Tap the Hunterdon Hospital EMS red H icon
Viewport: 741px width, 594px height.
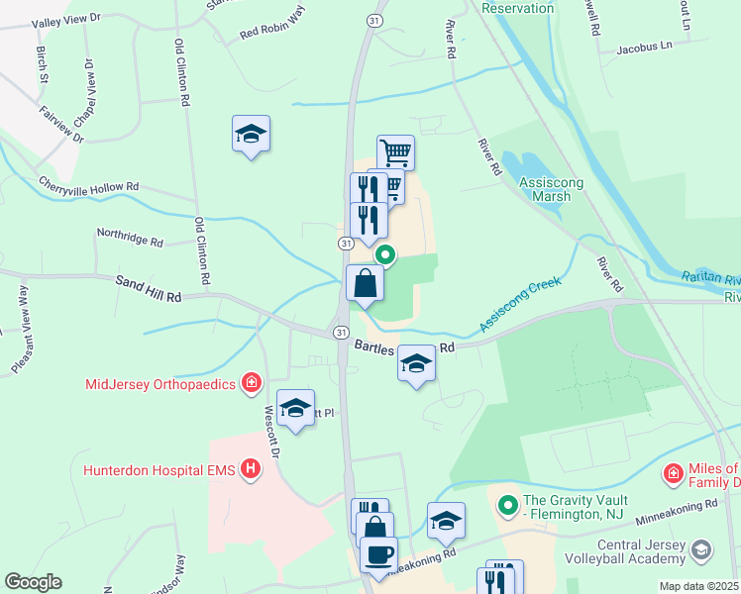click(251, 467)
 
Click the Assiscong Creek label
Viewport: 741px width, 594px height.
click(519, 305)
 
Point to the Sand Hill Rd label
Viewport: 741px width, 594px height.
click(149, 290)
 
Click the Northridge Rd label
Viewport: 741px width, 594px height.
click(129, 238)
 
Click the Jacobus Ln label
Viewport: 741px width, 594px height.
click(643, 46)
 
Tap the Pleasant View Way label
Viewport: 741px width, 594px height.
click(21, 330)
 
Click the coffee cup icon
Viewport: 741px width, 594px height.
click(377, 553)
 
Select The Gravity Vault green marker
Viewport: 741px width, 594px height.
click(508, 506)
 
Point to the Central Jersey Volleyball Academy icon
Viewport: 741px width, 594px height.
click(701, 549)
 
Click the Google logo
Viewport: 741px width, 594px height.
click(33, 582)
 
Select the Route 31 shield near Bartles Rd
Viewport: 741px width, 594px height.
click(340, 331)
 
